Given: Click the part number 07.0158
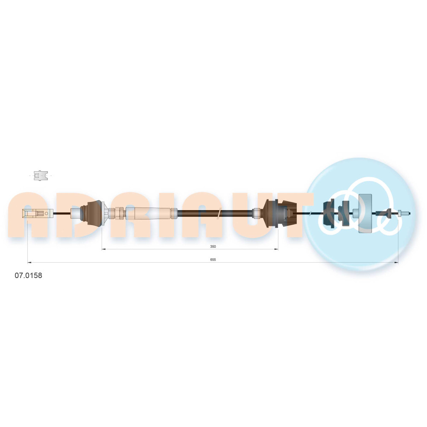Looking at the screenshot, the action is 28,275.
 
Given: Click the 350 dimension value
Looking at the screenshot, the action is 213,246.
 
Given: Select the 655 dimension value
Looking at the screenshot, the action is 213,260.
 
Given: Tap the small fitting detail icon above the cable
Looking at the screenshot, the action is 41,175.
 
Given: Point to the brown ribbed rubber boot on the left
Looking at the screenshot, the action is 93,213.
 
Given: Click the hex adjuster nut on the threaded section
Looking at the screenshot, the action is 119,213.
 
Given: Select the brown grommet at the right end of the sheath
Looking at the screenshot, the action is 281,213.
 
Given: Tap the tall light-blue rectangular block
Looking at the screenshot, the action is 365,213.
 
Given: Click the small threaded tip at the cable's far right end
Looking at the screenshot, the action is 404,213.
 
